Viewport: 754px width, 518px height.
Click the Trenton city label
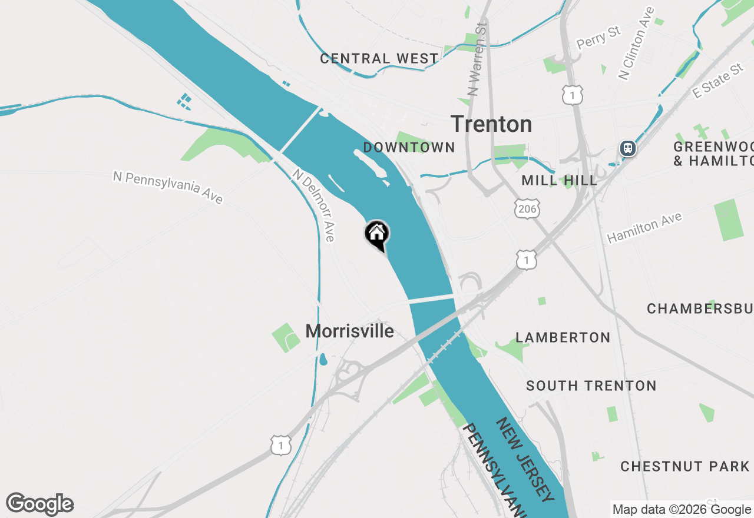tap(491, 124)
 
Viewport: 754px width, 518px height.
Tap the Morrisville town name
tap(349, 331)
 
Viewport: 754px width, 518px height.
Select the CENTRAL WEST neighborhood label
tap(379, 59)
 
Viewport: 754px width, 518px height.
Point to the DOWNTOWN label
tap(409, 147)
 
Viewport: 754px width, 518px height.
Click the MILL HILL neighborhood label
tap(559, 181)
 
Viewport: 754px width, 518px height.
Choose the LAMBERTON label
tap(563, 337)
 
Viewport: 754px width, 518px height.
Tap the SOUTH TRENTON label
tap(591, 386)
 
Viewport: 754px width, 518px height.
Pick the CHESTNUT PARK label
tap(684, 466)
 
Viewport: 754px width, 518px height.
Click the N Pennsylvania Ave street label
tap(168, 187)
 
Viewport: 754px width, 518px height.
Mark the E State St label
tap(717, 82)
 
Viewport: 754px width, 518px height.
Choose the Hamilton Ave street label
tap(644, 228)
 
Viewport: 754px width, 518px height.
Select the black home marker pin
tap(377, 234)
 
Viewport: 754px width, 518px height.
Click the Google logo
tap(40, 504)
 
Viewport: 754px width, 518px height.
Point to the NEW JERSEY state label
tap(524, 460)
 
